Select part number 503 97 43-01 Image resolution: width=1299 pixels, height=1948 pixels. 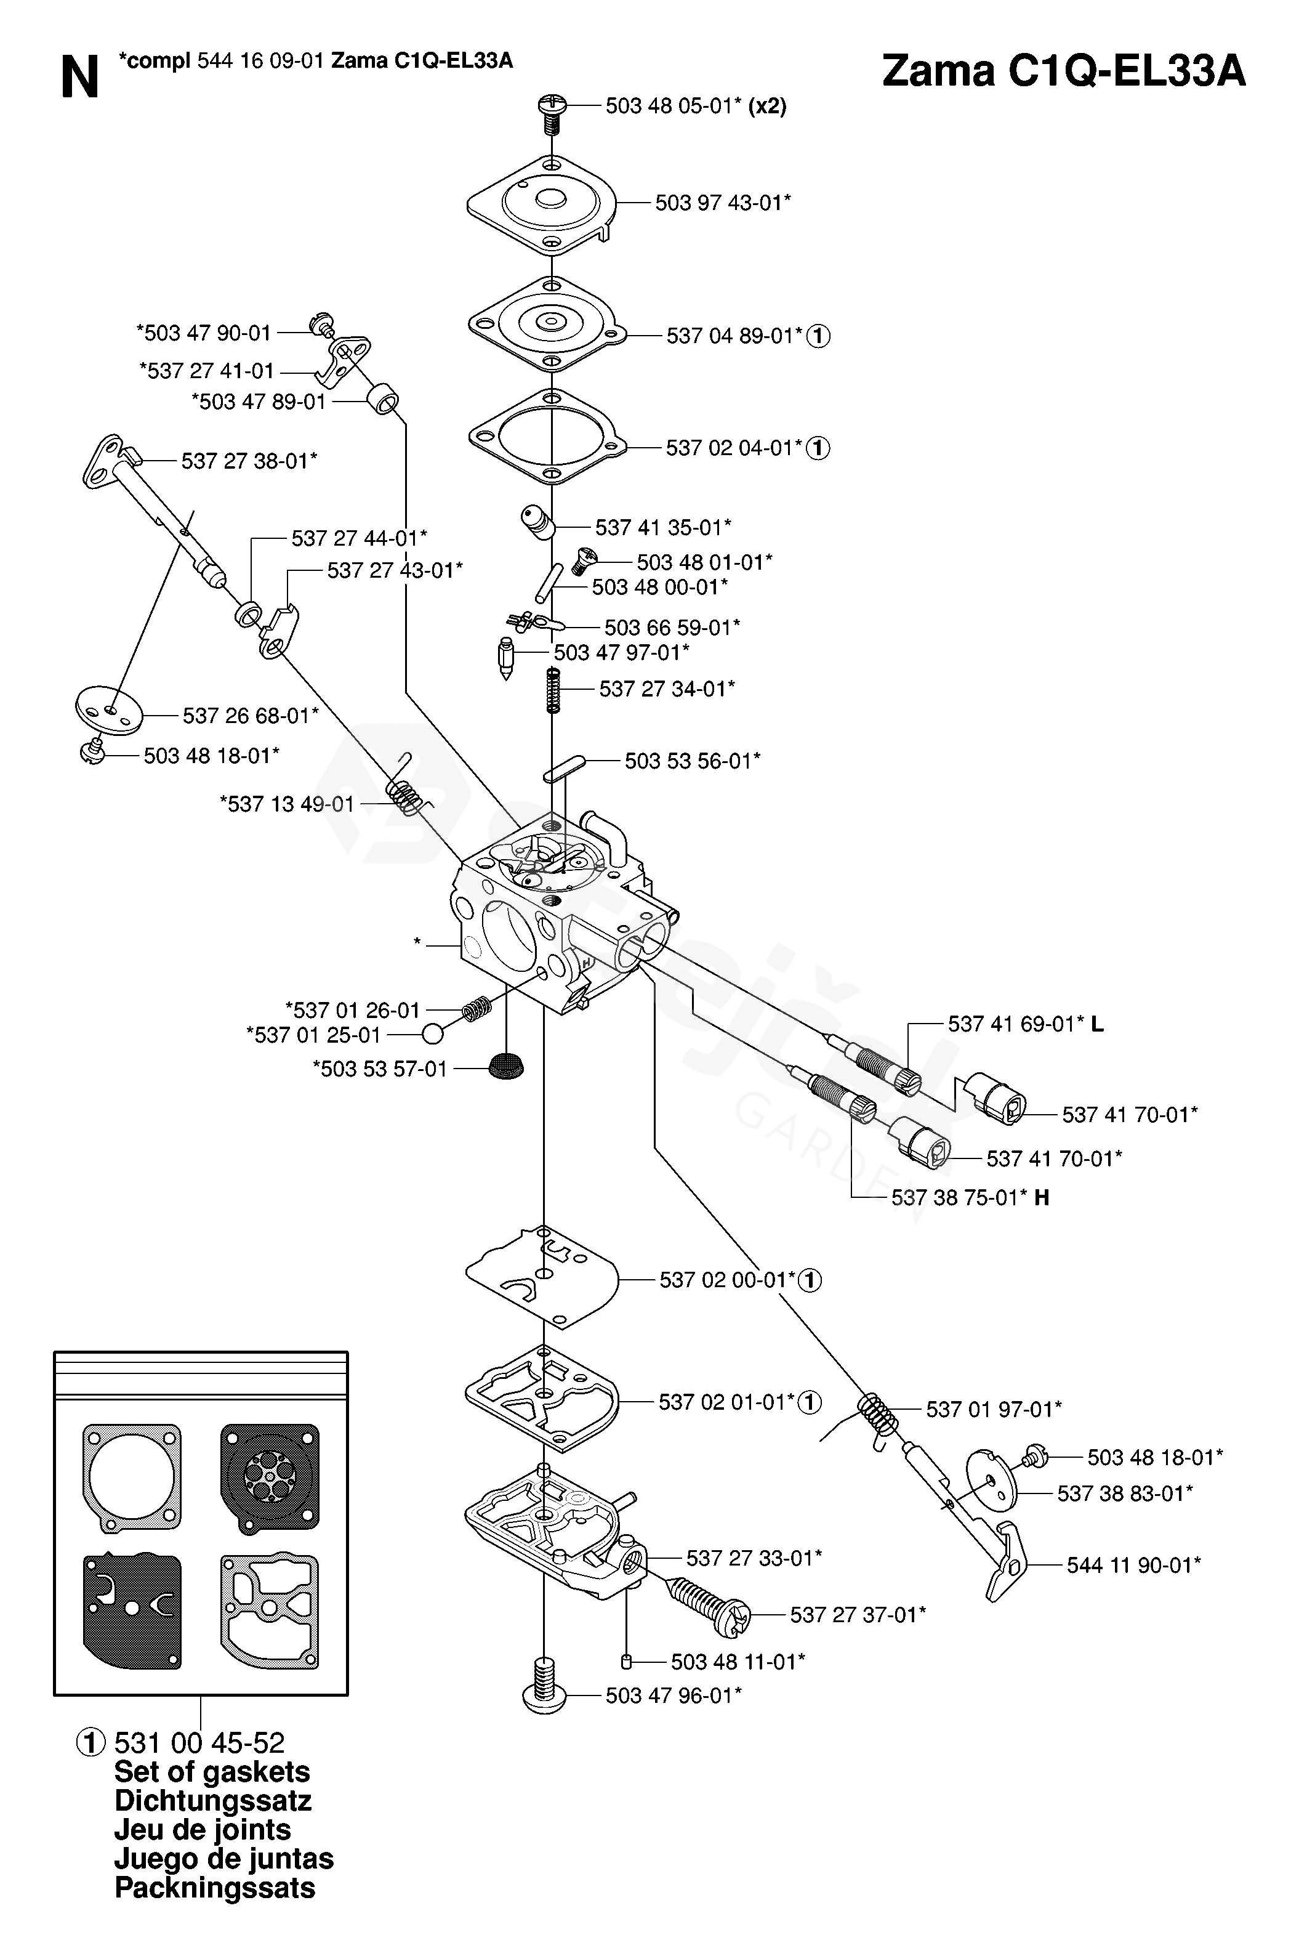[x=722, y=203]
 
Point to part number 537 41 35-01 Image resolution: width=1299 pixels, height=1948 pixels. [x=663, y=527]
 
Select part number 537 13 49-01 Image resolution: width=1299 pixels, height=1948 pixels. [x=287, y=804]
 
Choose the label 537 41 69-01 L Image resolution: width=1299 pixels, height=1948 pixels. [x=1026, y=1024]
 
